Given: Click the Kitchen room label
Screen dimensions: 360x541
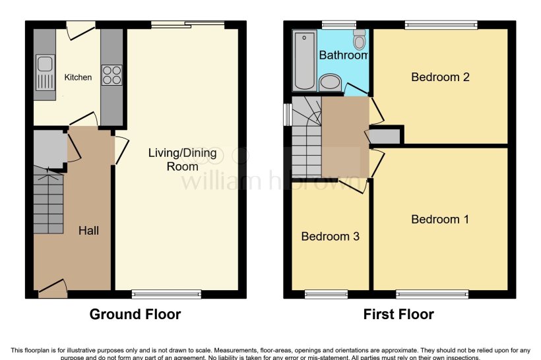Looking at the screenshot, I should tap(78, 77).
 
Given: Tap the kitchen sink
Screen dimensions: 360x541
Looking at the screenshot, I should tap(45, 65).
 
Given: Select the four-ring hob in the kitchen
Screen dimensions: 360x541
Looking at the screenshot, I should tap(111, 74).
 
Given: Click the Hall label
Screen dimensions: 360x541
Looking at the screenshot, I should tap(88, 230).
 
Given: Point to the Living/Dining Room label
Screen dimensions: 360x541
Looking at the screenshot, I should tap(182, 160).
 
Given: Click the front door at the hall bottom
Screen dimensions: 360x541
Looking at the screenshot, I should tap(53, 287).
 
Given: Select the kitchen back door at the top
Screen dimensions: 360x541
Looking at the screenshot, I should tap(80, 28).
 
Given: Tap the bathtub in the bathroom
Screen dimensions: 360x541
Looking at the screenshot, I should tap(304, 60).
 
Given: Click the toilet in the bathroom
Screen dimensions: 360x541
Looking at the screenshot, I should tap(360, 40).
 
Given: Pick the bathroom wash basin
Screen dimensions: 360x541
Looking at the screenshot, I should tap(329, 83).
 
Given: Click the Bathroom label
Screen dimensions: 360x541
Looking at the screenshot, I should tap(343, 56).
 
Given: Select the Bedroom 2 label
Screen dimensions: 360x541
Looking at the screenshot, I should tap(440, 77).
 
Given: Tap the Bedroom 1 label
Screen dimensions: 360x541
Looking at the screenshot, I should tap(440, 220).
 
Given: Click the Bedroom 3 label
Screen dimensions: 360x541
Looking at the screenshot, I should tap(330, 236).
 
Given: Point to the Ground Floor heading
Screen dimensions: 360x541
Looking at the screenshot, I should tap(135, 315).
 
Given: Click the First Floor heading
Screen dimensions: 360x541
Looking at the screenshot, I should tap(398, 315).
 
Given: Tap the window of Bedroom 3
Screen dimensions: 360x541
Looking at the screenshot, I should tap(326, 294).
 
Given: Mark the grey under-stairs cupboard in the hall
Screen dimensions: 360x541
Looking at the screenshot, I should tap(48, 149).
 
